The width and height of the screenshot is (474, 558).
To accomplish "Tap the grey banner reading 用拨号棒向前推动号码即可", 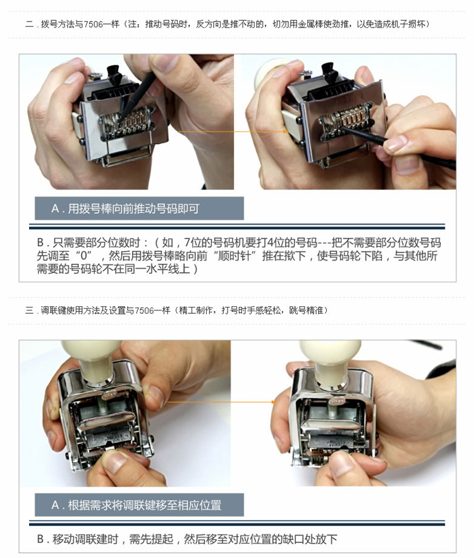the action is tap(140, 208).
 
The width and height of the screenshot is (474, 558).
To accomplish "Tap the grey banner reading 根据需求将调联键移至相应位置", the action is tap(140, 505).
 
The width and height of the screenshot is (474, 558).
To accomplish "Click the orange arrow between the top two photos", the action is tap(233, 132).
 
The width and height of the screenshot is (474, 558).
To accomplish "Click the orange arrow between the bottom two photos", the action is tap(221, 402).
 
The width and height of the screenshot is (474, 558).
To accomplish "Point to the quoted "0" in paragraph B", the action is tap(84, 256).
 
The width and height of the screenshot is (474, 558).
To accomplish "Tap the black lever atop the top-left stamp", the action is tap(114, 73).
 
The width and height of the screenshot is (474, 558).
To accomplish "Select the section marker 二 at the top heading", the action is tap(29, 24).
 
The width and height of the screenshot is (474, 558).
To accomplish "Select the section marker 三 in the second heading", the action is tap(29, 311).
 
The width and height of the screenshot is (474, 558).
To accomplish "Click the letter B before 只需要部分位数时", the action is tap(40, 243).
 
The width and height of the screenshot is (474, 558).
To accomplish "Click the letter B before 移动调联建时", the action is tap(40, 539).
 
